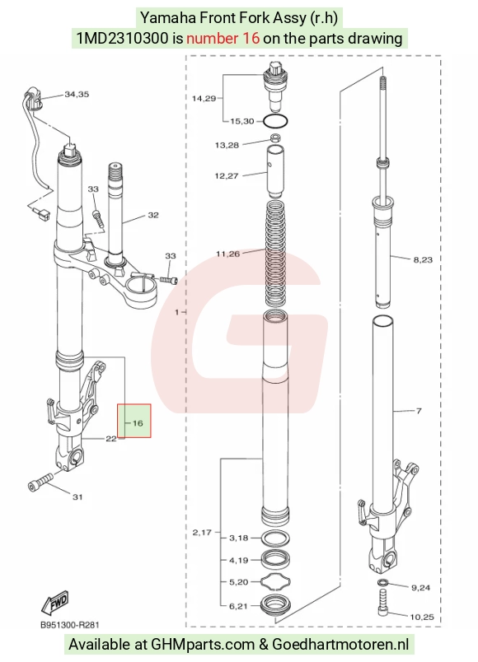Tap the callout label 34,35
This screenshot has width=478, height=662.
[x=77, y=94]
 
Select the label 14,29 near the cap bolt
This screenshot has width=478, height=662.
[x=204, y=98]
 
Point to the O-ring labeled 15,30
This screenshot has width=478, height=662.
[x=275, y=122]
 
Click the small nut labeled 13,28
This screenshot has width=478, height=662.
[x=275, y=138]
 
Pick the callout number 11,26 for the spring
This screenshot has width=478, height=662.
[x=227, y=254]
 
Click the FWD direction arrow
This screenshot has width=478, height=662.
[x=55, y=603]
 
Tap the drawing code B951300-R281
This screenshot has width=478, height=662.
[x=70, y=624]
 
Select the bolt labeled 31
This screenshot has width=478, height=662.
[x=40, y=482]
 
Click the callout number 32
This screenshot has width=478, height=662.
[x=153, y=216]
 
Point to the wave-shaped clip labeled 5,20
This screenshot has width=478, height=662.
[x=275, y=582]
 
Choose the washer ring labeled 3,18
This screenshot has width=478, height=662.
[x=275, y=538]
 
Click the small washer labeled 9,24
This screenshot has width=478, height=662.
[x=383, y=583]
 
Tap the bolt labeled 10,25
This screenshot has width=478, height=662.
[x=384, y=603]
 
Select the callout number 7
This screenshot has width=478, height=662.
[x=419, y=411]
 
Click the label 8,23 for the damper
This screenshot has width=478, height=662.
[x=423, y=259]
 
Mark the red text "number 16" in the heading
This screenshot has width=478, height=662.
[x=223, y=39]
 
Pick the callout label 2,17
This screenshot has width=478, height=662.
[x=202, y=533]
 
